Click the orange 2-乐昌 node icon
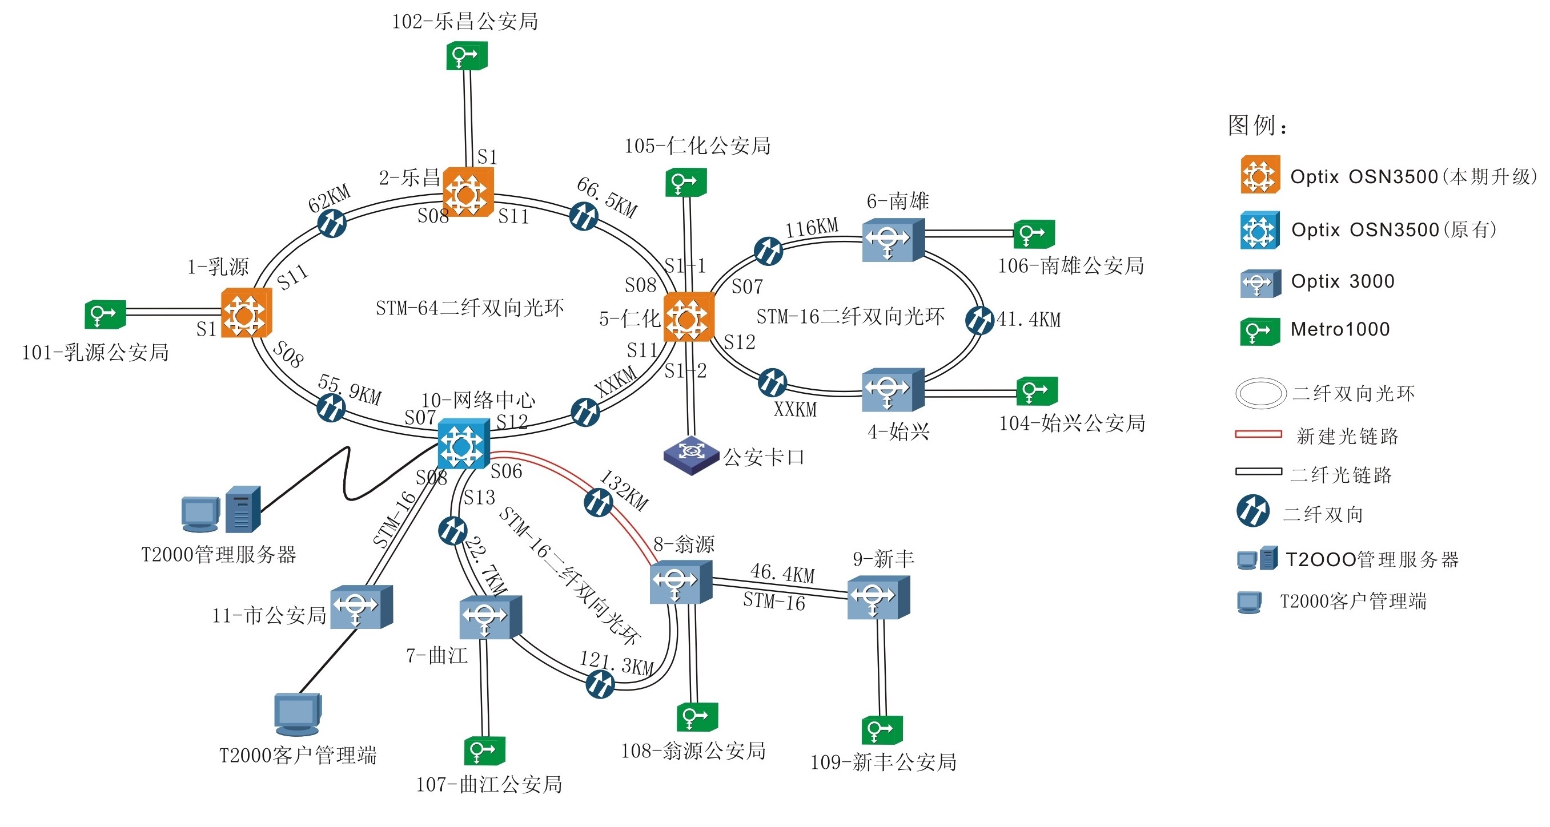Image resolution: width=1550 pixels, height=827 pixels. tap(468, 192)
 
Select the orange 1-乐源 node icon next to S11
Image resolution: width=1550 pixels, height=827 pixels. tap(246, 313)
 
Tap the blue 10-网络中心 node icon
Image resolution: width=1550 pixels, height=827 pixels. tap(463, 444)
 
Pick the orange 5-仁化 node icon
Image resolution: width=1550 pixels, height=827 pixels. tap(688, 317)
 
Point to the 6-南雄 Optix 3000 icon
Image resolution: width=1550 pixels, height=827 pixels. tap(892, 239)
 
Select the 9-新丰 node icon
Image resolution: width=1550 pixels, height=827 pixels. tap(878, 596)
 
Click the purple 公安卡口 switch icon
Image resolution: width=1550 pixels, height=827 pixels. tap(692, 454)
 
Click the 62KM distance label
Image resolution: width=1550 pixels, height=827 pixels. tap(329, 199)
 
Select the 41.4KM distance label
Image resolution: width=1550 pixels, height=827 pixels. tap(1029, 320)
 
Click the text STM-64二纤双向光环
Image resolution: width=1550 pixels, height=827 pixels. tap(469, 308)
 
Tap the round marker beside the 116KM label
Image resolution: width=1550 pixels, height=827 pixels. tap(768, 251)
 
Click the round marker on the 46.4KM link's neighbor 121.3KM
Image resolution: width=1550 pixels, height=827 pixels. tap(600, 683)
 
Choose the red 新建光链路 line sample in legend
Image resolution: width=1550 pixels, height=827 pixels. tap(1258, 434)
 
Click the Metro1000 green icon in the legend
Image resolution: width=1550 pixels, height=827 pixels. tap(1259, 331)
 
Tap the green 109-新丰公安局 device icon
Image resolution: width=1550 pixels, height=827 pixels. tap(882, 729)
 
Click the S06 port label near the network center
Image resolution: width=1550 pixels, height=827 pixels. tap(506, 471)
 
